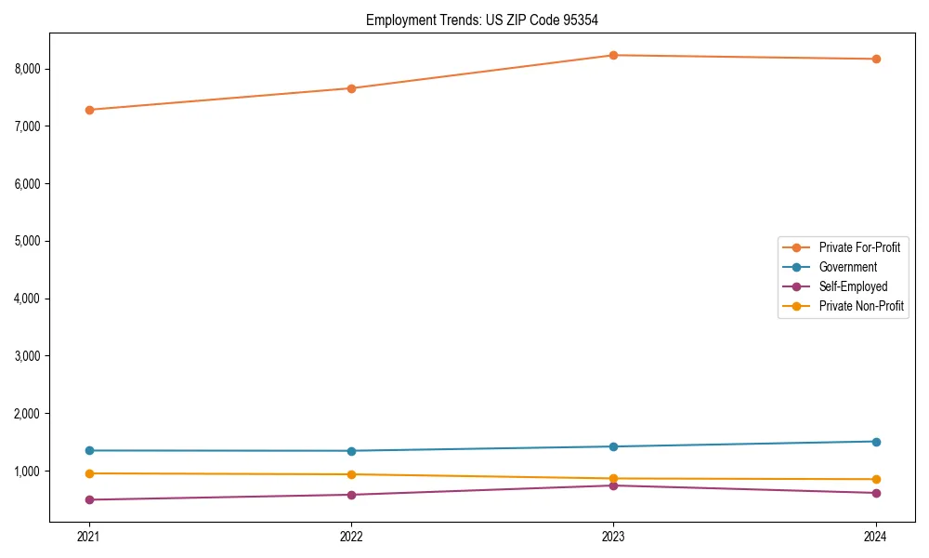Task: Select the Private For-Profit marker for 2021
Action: [x=89, y=110]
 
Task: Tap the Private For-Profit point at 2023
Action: [x=613, y=55]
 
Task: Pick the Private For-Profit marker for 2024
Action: [x=876, y=59]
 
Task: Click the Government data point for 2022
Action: [x=351, y=451]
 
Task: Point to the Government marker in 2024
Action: [x=876, y=442]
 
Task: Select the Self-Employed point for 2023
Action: [x=613, y=485]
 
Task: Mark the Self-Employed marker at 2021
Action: [x=89, y=499]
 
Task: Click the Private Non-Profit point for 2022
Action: [x=351, y=474]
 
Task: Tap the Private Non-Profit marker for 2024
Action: [x=876, y=479]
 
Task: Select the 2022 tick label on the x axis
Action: [x=351, y=536]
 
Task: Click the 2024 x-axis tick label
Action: [x=876, y=536]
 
